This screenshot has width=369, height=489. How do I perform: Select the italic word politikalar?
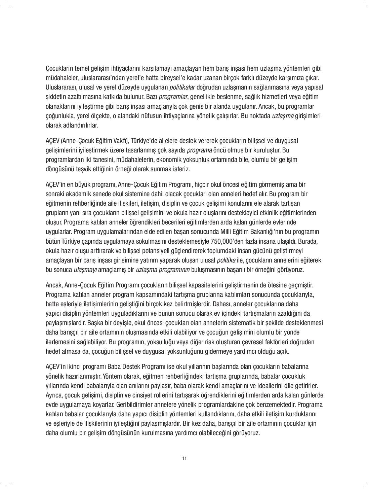pos(182,88)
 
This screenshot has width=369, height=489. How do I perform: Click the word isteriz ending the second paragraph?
pos(181,169)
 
